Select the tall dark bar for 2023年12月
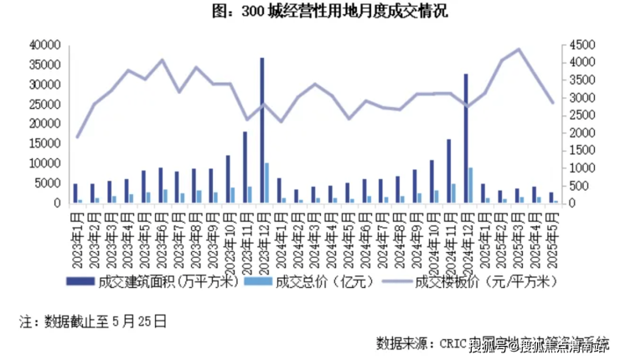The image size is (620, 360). click(x=262, y=130)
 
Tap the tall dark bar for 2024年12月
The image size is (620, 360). click(x=466, y=138)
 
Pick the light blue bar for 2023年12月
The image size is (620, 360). click(x=267, y=183)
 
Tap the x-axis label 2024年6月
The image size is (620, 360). click(x=364, y=236)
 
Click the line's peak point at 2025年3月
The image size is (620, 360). click(x=518, y=49)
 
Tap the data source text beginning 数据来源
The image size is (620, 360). click(x=494, y=343)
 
